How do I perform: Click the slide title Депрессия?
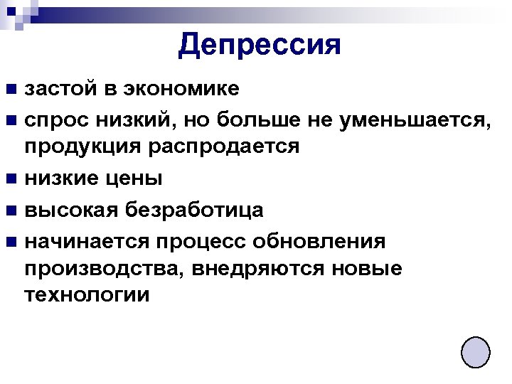(260, 45)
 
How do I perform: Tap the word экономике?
(181, 90)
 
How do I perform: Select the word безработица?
(193, 210)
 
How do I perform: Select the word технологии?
(87, 294)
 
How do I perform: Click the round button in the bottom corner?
(475, 352)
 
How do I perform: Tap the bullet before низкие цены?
(12, 179)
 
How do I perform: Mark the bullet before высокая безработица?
(12, 210)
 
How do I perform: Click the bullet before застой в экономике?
(12, 90)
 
